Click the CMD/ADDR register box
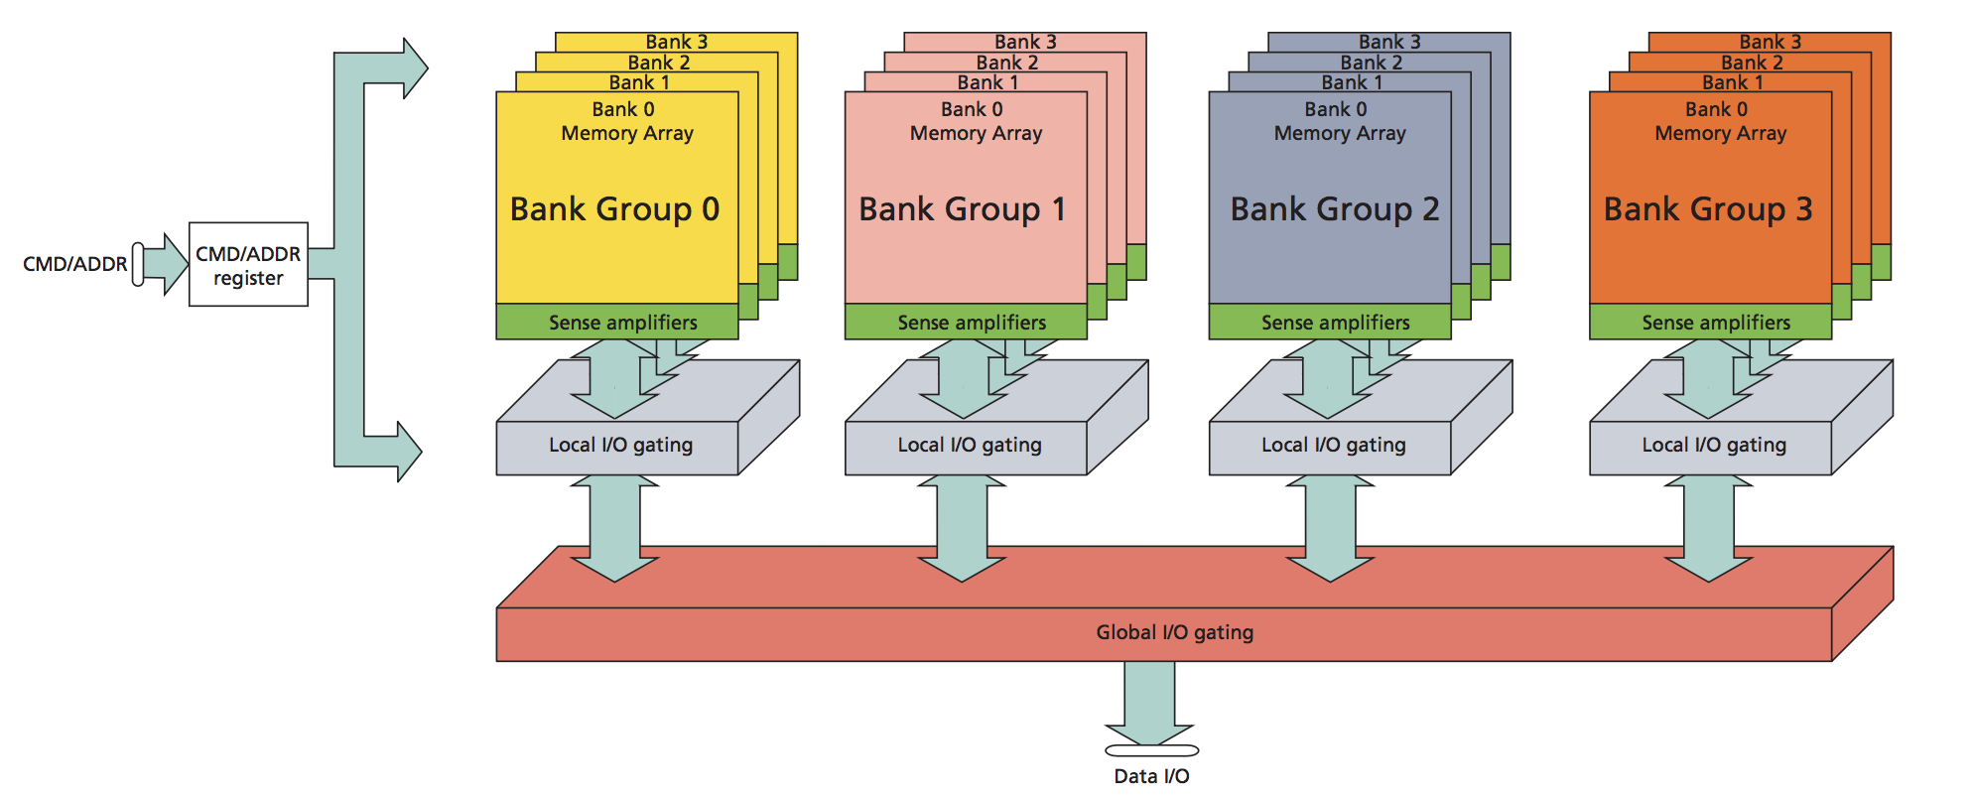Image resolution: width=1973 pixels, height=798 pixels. [248, 265]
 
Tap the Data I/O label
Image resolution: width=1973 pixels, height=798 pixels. [1151, 776]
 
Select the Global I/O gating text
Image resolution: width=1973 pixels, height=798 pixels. [1174, 632]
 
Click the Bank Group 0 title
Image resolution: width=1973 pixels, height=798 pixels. [614, 209]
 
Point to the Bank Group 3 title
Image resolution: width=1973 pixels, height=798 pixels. [1708, 209]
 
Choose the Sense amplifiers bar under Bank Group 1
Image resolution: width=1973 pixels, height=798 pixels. [971, 323]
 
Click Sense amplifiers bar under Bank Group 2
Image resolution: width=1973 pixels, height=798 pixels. [1335, 323]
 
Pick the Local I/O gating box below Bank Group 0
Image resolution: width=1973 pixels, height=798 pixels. [620, 446]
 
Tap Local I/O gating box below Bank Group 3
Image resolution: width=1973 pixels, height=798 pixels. [1713, 446]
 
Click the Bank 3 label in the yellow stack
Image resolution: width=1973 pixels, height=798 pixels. [676, 42]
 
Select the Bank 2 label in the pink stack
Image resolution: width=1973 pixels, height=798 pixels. [1006, 63]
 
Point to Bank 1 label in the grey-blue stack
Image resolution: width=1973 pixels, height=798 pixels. [1351, 82]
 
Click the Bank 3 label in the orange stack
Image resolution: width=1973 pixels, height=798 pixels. [1770, 42]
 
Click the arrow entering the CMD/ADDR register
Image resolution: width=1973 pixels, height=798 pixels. [164, 264]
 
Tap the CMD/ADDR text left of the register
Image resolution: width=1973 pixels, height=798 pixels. [74, 264]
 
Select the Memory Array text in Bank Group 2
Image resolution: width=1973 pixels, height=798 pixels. [1340, 133]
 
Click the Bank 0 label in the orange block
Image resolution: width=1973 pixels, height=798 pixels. [1716, 109]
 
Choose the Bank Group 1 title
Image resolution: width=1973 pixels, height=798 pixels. [962, 209]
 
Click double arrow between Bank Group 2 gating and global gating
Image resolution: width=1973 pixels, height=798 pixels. [1330, 528]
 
